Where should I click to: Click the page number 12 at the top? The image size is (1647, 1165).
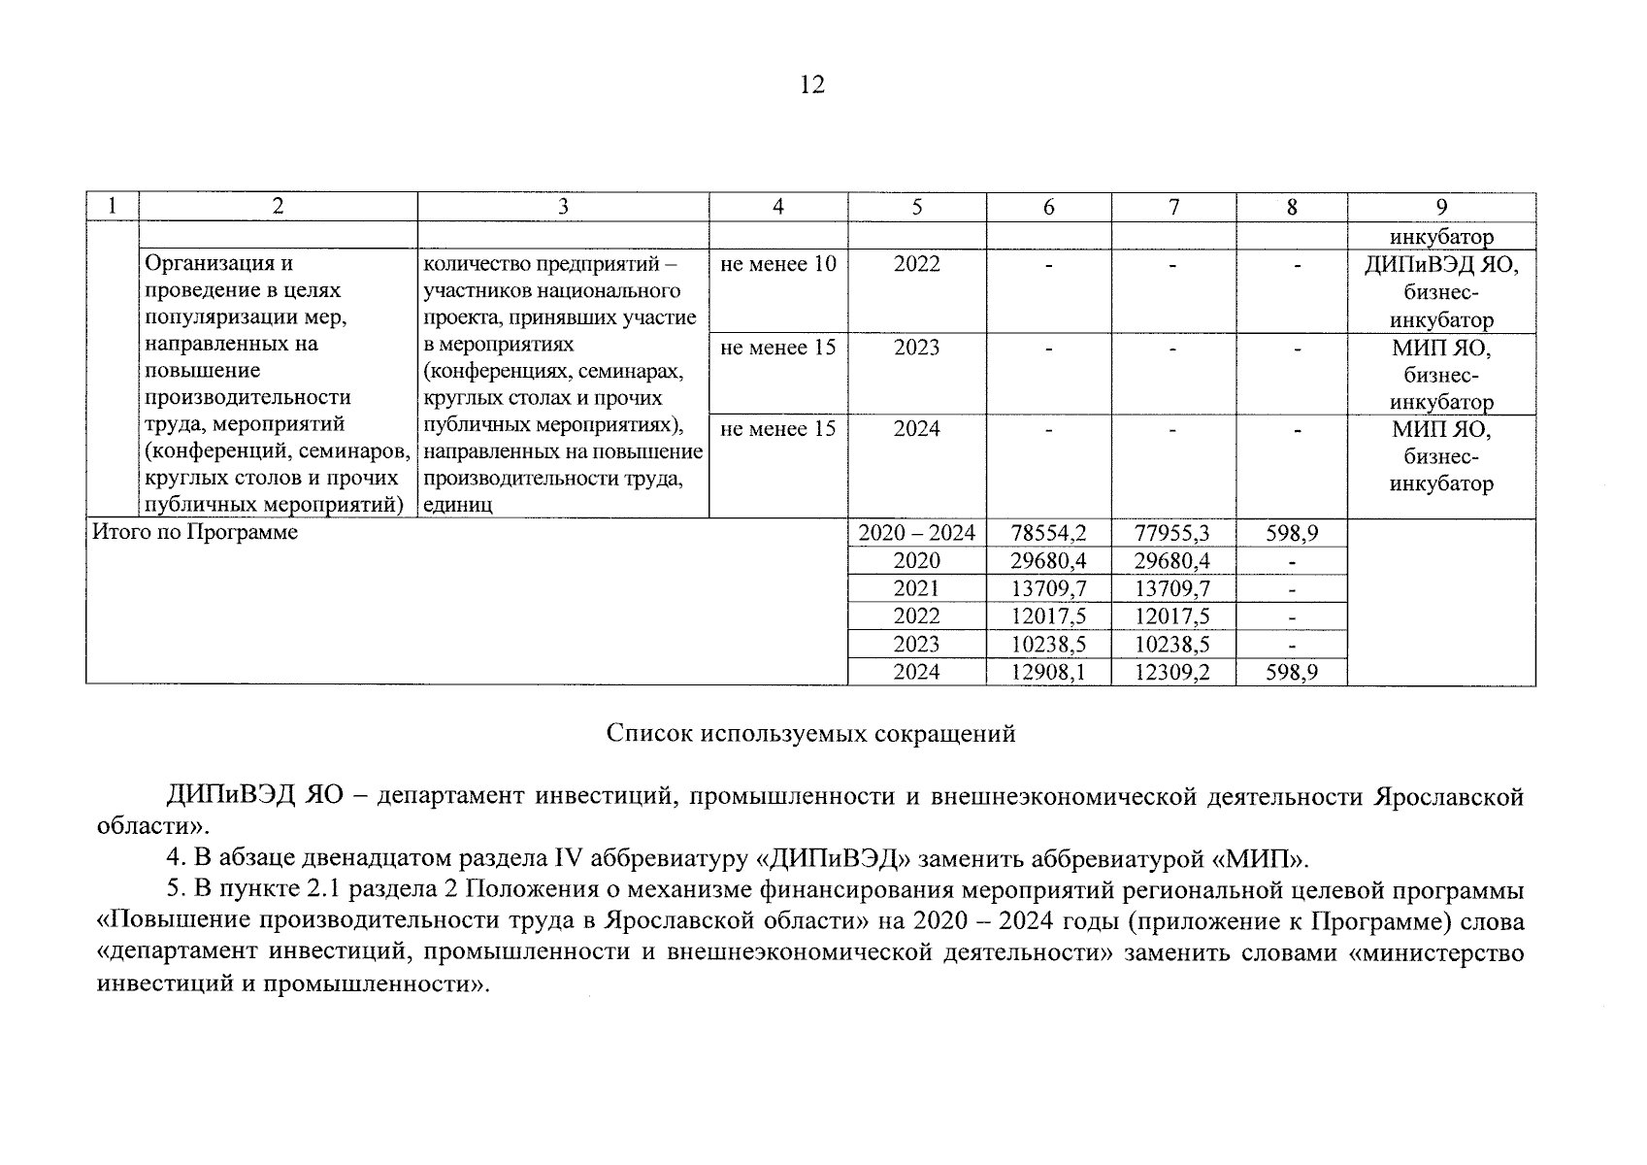tap(812, 85)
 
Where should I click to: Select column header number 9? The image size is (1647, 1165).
tap(1441, 207)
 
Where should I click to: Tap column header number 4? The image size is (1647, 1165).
tap(778, 207)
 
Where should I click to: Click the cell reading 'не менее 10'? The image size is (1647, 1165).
tap(778, 264)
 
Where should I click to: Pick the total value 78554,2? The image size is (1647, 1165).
tap(1048, 533)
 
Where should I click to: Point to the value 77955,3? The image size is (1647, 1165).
tap(1173, 533)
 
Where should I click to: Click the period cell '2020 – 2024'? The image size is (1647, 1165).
tap(916, 533)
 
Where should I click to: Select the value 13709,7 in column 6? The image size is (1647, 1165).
tap(1048, 588)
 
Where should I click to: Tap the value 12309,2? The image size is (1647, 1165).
tap(1173, 672)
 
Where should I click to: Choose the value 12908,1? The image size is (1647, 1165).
tap(1048, 672)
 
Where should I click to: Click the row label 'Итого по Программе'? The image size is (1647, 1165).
tap(194, 533)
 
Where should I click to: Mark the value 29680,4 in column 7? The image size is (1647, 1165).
tap(1173, 561)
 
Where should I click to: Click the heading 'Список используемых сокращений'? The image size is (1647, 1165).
tap(810, 734)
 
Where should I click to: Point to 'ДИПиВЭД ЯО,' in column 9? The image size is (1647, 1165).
tap(1441, 264)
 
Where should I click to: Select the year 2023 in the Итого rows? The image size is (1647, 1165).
tap(916, 644)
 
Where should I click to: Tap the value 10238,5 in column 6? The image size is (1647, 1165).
tap(1048, 644)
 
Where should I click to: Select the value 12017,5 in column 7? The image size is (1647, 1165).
tap(1173, 616)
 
